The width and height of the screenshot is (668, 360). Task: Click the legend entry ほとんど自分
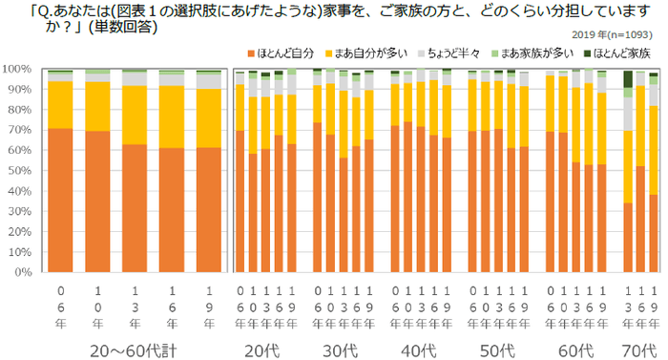[283, 53]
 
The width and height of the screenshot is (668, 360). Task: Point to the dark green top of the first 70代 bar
[626, 79]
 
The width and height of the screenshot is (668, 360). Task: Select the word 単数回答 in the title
[122, 26]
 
